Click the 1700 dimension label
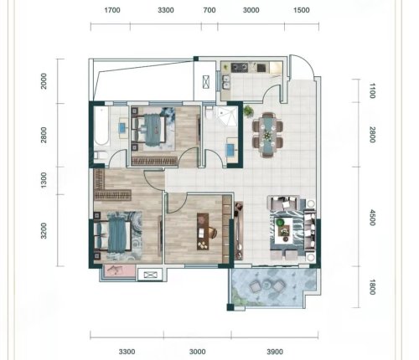pyautogui.click(x=112, y=10)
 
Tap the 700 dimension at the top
pyautogui.click(x=209, y=10)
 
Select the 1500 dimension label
pyautogui.click(x=302, y=10)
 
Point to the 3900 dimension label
pyautogui.click(x=275, y=352)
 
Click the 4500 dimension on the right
pyautogui.click(x=372, y=218)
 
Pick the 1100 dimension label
pyautogui.click(x=372, y=90)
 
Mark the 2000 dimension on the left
pyautogui.click(x=44, y=81)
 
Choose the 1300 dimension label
pyautogui.click(x=44, y=180)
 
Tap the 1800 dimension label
pyautogui.click(x=372, y=287)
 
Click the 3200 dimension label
pyautogui.click(x=44, y=231)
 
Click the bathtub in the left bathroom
pyautogui.click(x=101, y=126)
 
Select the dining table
pyautogui.click(x=267, y=135)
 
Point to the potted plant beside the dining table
pyautogui.click(x=248, y=111)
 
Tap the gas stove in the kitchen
pyautogui.click(x=240, y=67)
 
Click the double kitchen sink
pyautogui.click(x=225, y=82)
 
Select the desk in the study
pyautogui.click(x=203, y=232)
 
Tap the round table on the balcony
pyautogui.click(x=267, y=285)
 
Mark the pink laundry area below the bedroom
pyautogui.click(x=119, y=270)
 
